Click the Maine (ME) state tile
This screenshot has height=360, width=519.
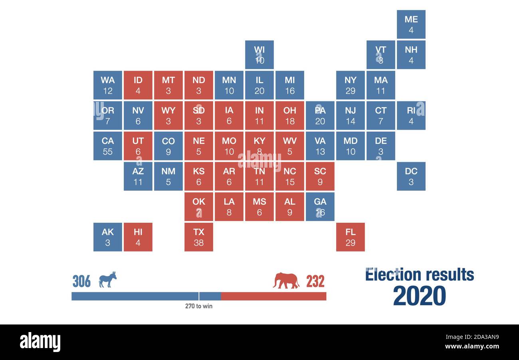(x=411, y=24)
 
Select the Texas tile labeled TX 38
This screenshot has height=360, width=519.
(x=198, y=237)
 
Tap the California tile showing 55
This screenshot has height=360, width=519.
(x=107, y=146)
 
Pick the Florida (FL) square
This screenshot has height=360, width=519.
(x=350, y=237)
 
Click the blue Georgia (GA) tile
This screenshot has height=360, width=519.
(x=320, y=207)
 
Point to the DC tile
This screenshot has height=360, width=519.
(x=411, y=176)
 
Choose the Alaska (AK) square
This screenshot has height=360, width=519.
(x=107, y=237)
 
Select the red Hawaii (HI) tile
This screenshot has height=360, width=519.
(x=138, y=237)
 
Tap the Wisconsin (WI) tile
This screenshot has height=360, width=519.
(x=259, y=55)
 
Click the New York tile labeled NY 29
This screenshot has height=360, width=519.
(x=350, y=85)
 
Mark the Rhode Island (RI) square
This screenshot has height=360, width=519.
(x=411, y=115)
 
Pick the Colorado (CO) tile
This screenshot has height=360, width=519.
(x=168, y=146)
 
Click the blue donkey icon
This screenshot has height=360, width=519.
(x=107, y=279)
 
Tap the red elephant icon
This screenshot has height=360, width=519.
(x=286, y=281)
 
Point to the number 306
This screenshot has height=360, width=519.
(x=81, y=281)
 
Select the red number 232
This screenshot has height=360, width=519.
(x=315, y=281)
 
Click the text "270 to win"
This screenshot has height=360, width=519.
(x=198, y=306)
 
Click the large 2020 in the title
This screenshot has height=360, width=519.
(x=419, y=296)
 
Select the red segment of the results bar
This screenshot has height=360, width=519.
(x=273, y=296)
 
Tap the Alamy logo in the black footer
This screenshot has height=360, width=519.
(x=40, y=342)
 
